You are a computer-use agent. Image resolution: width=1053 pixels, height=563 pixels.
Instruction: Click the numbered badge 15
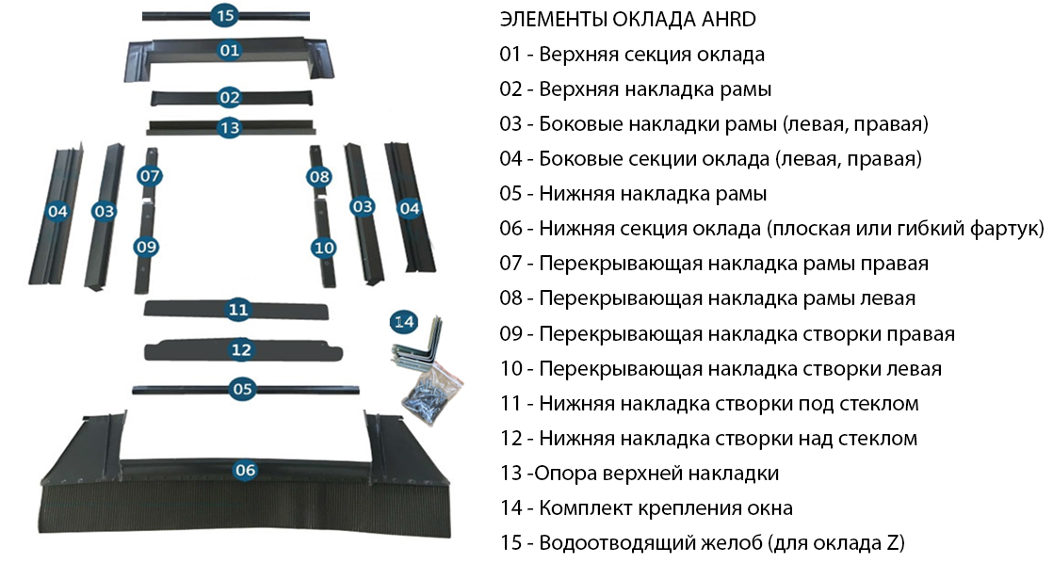[x=223, y=15]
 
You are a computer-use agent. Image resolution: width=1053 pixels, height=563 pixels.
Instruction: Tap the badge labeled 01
[x=230, y=51]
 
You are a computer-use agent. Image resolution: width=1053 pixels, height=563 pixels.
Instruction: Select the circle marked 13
[x=229, y=127]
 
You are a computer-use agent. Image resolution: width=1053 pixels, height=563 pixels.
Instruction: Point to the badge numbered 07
[x=150, y=176]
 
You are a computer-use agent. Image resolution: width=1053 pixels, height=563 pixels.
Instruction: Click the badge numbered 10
[x=323, y=247]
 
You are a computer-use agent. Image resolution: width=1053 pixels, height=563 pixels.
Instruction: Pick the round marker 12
[x=241, y=349]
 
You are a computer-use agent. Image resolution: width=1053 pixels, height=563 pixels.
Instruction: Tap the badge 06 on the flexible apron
[x=245, y=469]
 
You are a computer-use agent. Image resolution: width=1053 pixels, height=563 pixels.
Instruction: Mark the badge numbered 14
[x=404, y=322]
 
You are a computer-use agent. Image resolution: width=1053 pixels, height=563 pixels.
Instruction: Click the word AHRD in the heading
[x=723, y=19]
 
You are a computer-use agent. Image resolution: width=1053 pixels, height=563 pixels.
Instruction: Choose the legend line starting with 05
[x=633, y=194]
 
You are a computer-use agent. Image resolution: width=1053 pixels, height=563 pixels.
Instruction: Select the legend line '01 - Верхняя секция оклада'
[x=632, y=55]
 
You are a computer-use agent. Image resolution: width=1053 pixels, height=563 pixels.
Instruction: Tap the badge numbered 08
[x=319, y=176]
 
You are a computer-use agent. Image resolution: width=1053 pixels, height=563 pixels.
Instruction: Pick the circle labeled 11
[x=237, y=309]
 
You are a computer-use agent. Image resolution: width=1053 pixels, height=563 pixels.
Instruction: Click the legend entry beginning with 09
[x=727, y=334]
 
